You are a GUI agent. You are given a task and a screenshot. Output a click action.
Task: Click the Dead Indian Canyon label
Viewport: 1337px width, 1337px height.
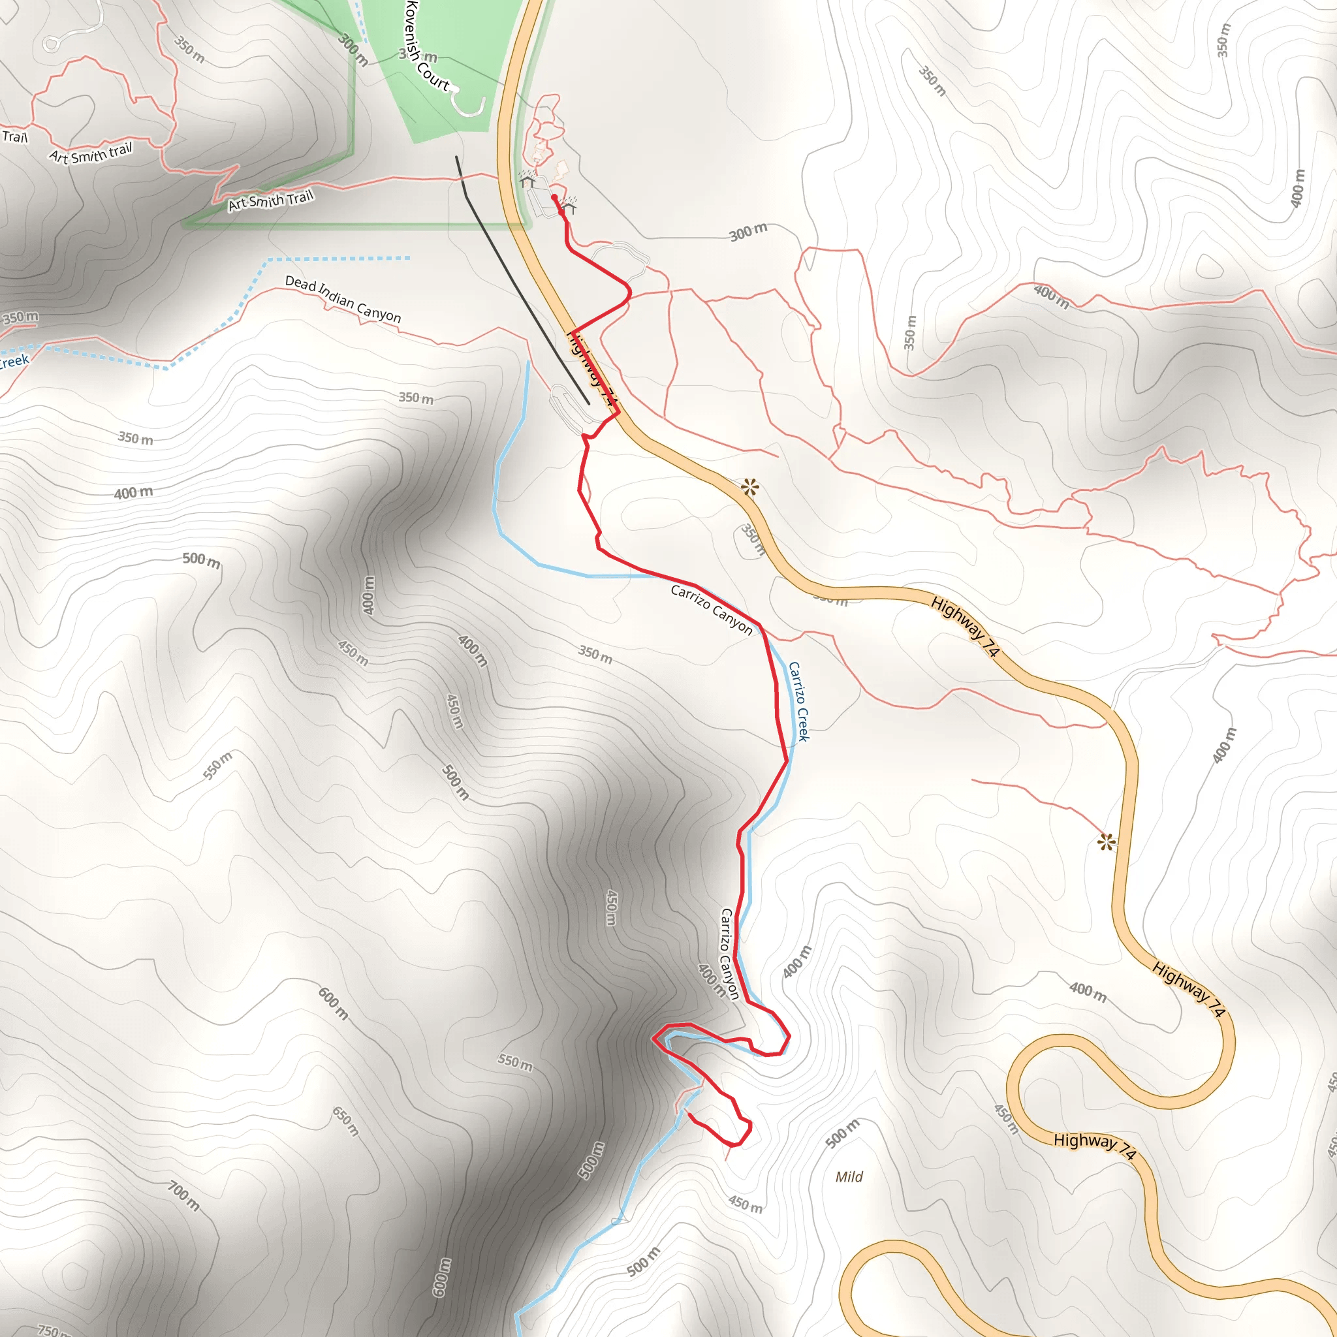point(343,300)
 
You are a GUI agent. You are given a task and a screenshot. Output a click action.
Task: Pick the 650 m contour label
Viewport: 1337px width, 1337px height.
point(345,1121)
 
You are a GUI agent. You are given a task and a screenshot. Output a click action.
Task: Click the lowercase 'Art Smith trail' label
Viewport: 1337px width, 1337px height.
point(91,153)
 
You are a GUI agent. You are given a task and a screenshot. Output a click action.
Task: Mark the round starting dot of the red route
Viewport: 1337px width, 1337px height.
point(554,198)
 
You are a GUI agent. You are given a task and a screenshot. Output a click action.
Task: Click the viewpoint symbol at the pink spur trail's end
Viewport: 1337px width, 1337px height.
point(1107,842)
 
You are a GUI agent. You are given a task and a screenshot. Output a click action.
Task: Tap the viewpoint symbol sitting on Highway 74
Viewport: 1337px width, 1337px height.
point(749,488)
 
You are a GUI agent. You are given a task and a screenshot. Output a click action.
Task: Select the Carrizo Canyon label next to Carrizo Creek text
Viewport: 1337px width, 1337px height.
point(711,610)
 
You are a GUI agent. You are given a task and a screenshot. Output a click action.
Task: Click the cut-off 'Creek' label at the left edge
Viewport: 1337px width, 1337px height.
point(14,361)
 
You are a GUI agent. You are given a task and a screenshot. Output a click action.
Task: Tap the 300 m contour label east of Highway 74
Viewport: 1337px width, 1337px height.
point(748,232)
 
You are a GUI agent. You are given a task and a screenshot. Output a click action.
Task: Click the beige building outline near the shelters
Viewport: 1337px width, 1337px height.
point(561,170)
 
